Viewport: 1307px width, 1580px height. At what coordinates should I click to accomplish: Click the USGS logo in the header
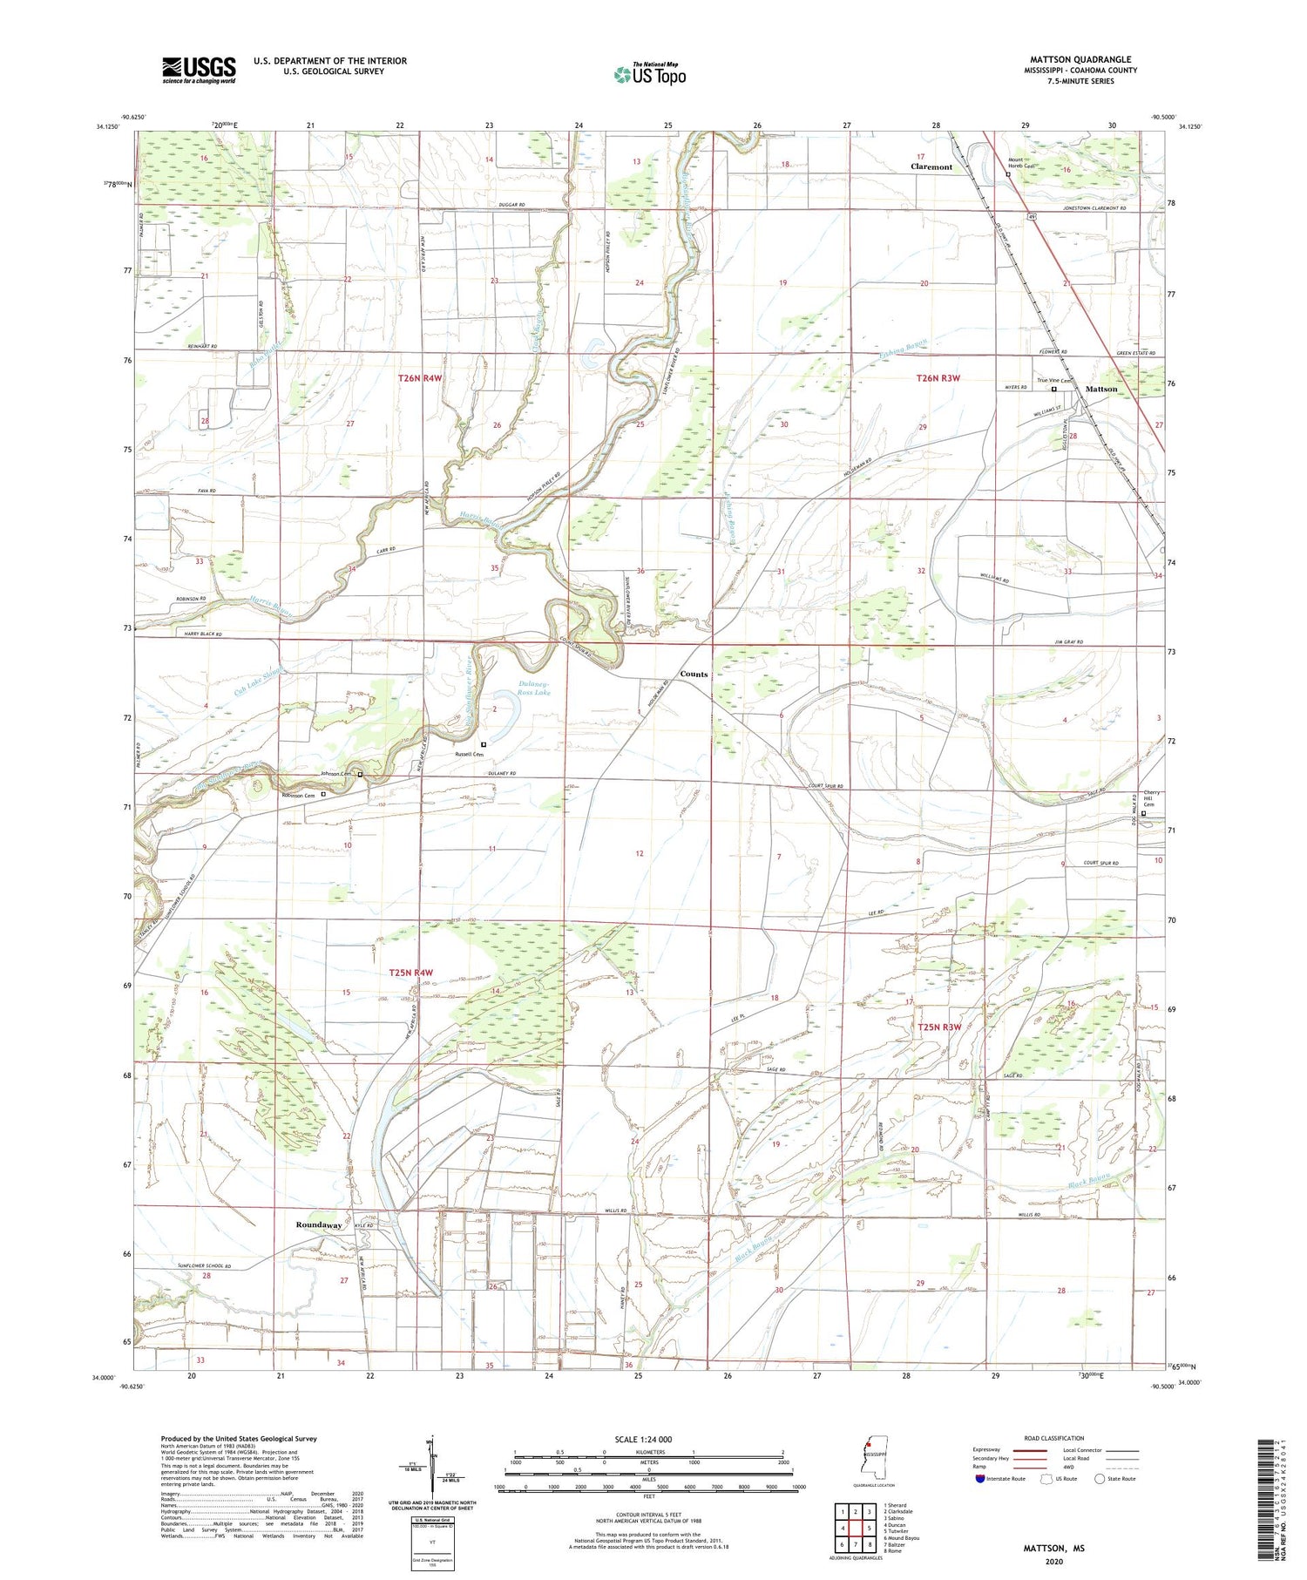pos(199,70)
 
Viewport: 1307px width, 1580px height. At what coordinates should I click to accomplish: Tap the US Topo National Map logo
pos(649,75)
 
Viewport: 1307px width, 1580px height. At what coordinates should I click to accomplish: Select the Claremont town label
pos(931,166)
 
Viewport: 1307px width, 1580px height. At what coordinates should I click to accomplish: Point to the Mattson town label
pos(1100,389)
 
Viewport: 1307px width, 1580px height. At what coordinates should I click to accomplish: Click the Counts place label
pos(694,674)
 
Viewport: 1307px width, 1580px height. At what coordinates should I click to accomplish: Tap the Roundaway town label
pos(318,1224)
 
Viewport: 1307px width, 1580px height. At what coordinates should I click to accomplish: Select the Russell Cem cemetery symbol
pos(484,744)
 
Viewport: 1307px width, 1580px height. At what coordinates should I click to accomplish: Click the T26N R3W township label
pos(938,378)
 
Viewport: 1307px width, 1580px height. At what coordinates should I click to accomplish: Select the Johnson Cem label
pos(336,774)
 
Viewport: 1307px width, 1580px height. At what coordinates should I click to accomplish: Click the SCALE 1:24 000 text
pos(637,1439)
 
